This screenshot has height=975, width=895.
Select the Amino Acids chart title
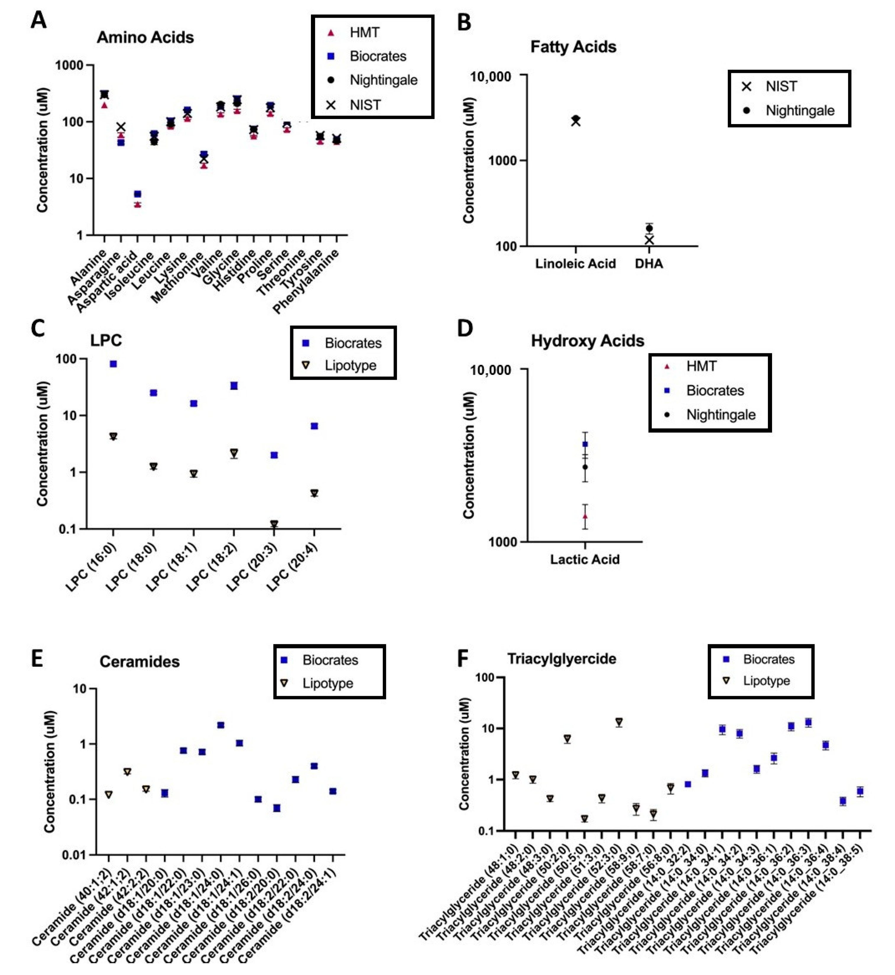145,38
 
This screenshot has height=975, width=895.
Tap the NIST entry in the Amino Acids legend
365,105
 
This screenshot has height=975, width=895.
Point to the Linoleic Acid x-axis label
575,264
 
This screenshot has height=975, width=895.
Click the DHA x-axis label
649,264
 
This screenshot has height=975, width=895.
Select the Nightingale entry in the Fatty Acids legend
800,111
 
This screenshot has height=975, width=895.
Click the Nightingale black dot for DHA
649,228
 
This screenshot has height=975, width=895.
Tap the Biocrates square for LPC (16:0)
113,364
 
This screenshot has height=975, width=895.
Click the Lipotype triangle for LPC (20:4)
314,493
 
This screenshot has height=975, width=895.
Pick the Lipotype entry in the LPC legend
350,365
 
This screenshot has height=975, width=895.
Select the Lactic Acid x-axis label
585,559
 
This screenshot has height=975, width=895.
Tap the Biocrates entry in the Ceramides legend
330,660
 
